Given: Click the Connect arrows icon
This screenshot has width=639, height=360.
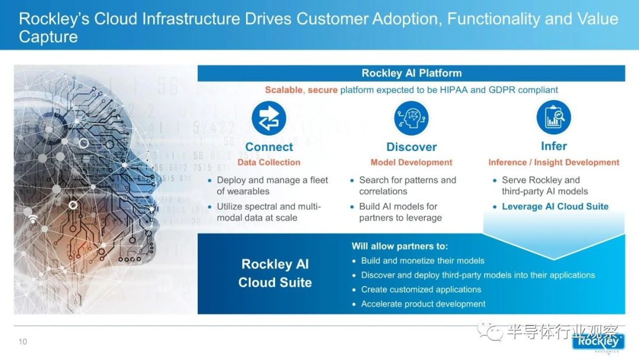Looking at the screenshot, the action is [269, 118].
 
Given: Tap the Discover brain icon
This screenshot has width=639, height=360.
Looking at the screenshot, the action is [411, 118].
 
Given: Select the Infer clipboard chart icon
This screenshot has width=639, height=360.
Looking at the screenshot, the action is [553, 117].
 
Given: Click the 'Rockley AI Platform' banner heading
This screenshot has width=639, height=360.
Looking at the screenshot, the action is [412, 73].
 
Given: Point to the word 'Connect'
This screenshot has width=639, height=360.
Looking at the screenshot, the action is [269, 147].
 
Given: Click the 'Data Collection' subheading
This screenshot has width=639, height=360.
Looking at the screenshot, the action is [269, 162].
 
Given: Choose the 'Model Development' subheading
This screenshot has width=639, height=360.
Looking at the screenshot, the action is [411, 162].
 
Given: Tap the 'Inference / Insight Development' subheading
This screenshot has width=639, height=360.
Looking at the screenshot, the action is [553, 162].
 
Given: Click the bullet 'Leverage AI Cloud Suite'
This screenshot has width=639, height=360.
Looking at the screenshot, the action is [555, 206].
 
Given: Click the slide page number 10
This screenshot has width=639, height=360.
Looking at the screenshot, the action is [23, 342].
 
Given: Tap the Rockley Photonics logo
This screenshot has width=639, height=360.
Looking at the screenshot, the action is [598, 342].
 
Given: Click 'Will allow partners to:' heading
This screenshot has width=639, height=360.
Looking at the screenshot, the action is [400, 246].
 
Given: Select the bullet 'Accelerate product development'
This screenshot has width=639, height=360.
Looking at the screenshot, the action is [423, 304].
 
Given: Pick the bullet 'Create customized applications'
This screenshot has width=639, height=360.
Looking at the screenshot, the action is [421, 290].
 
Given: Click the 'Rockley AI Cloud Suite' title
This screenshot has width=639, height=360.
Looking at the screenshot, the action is [275, 273].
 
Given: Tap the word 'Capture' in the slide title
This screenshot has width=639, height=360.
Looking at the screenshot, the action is [48, 37].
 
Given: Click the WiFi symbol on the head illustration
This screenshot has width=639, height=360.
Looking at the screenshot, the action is [33, 219].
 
